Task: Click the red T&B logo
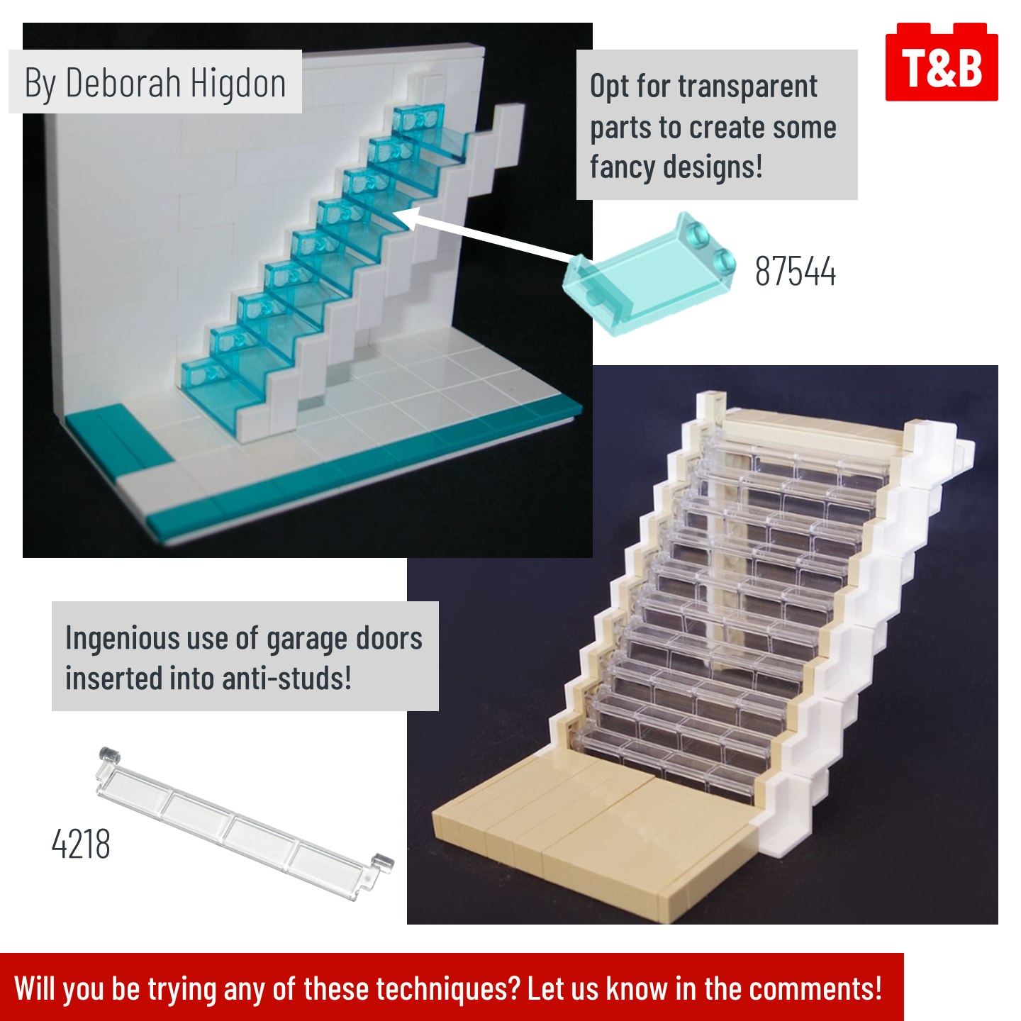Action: click(x=941, y=62)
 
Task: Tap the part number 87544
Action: click(x=795, y=272)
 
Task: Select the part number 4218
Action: click(x=81, y=844)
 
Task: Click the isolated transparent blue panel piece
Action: click(x=649, y=274)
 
